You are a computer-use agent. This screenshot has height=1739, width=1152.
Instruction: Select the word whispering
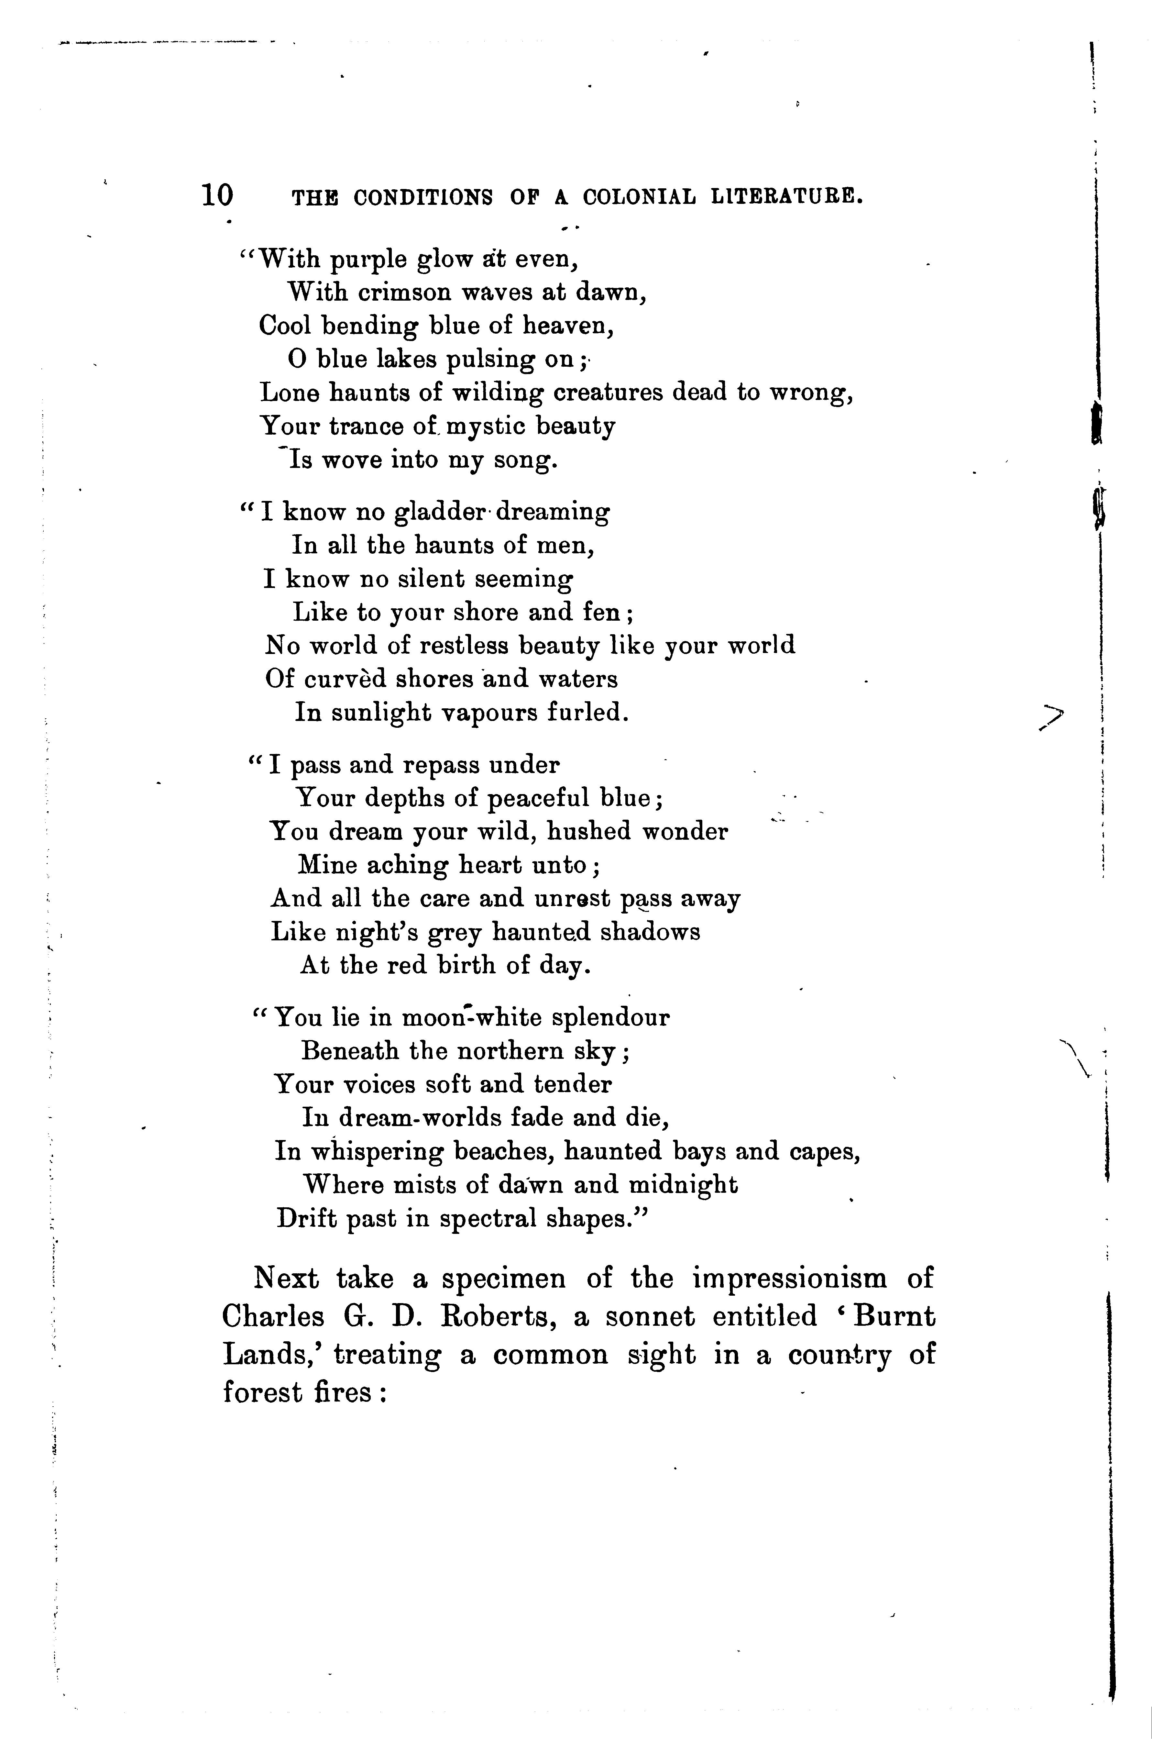pyautogui.click(x=378, y=1151)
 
